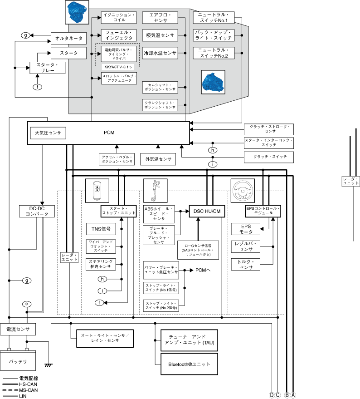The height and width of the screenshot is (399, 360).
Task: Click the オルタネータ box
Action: click(68, 39)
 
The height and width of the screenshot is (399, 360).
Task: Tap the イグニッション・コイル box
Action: click(119, 18)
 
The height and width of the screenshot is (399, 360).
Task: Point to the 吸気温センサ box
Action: click(160, 35)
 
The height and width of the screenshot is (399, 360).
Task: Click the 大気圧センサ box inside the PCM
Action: click(48, 133)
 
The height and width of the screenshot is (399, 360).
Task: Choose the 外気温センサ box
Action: click(158, 159)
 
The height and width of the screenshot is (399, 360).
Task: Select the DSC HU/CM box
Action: click(207, 211)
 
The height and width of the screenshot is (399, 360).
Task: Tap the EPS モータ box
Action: click(246, 229)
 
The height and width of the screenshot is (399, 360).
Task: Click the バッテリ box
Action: click(19, 362)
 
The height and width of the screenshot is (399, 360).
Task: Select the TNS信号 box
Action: click(101, 229)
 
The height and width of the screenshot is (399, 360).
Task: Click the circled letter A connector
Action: click(293, 395)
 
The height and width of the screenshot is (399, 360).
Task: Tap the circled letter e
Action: click(27, 304)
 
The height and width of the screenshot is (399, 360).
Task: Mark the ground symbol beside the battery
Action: click(48, 365)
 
